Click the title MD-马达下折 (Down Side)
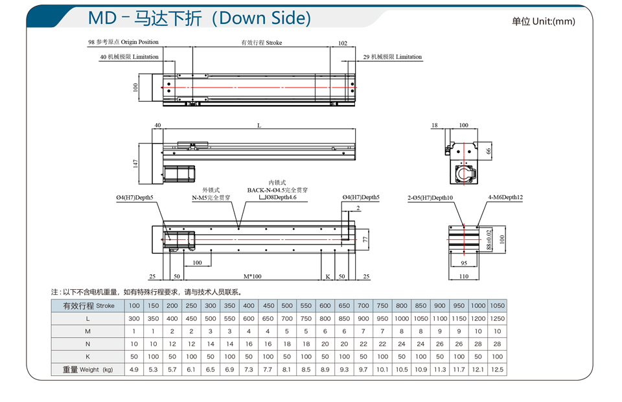(199, 18)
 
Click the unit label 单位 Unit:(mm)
(543, 21)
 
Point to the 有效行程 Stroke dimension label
(261, 43)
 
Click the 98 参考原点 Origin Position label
(123, 42)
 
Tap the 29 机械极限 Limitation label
(392, 57)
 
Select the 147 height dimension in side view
(136, 163)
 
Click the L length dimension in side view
(259, 125)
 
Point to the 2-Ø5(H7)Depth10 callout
(430, 198)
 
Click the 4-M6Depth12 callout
(505, 198)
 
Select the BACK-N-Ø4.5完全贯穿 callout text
(277, 190)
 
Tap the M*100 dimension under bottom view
(253, 276)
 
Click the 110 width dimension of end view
(463, 276)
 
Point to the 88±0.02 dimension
(489, 239)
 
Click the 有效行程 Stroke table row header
(88, 305)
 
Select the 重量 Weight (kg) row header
(88, 370)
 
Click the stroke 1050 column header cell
(497, 305)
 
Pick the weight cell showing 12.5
(497, 370)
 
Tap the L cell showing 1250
(497, 318)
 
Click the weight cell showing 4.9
(134, 370)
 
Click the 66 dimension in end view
(489, 151)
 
